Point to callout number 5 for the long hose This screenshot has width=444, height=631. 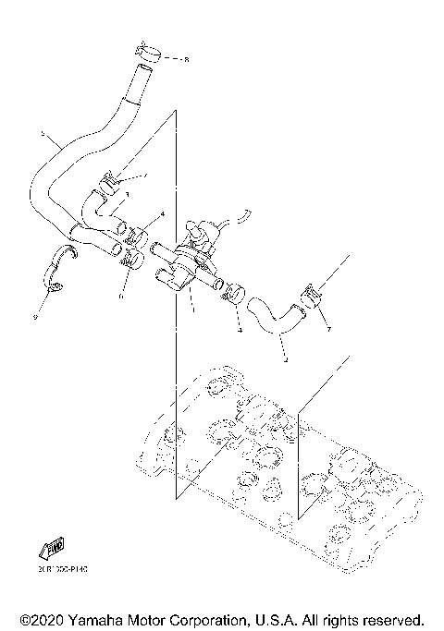coord(43,135)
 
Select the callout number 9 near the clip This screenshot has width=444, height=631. coord(34,317)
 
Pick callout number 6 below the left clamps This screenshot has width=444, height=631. coord(121,297)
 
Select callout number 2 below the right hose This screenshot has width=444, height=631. coord(285,359)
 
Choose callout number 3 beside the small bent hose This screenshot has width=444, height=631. coord(128,194)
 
